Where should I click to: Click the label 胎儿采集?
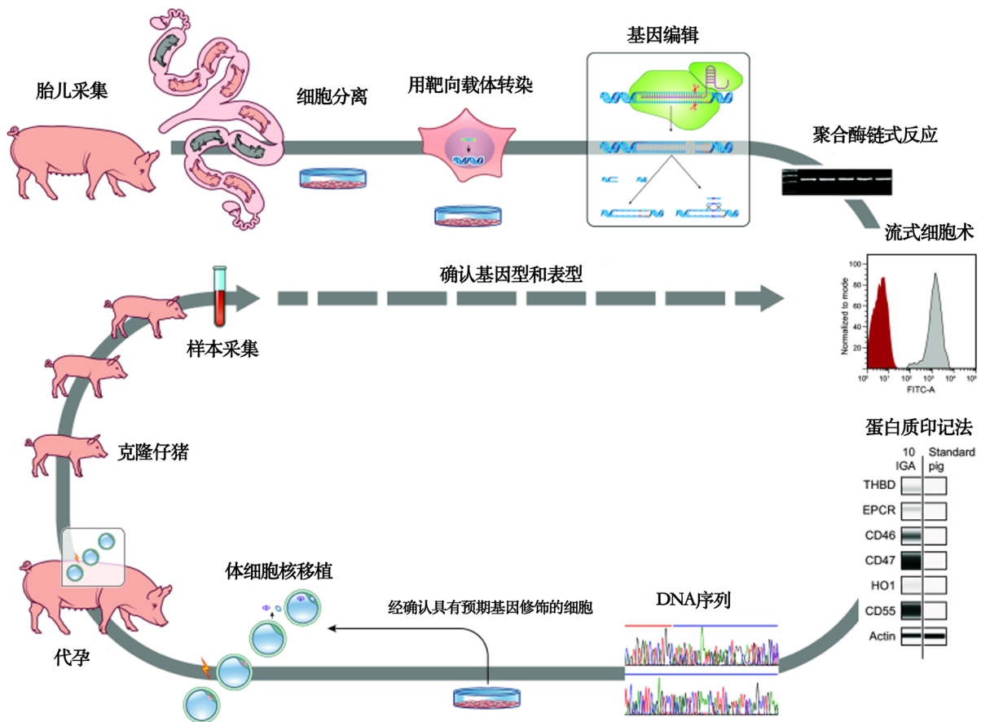pos(73,89)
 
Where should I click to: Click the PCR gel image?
pos(837,181)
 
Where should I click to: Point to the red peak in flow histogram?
pos(881,326)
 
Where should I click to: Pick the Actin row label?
pos(882,636)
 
